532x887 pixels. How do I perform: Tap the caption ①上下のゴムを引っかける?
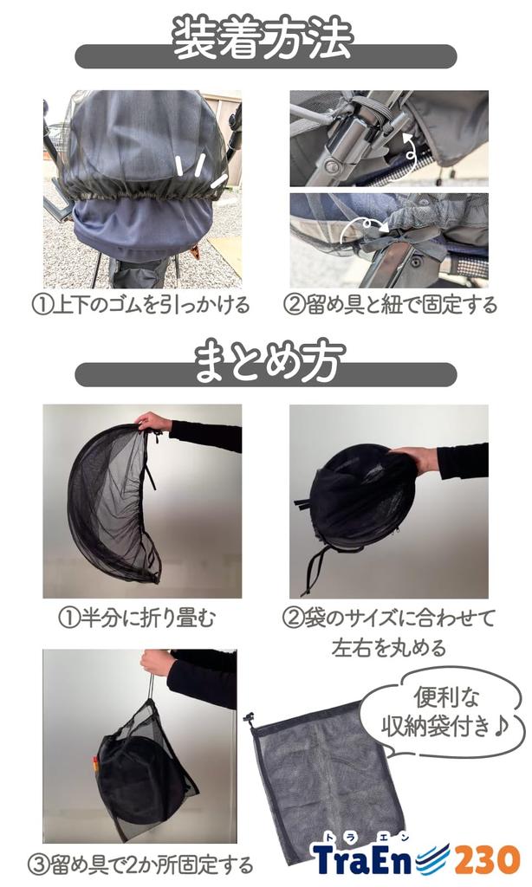[x=141, y=305]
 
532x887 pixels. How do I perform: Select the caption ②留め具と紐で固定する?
[x=390, y=305]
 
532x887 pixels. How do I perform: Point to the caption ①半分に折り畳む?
[x=137, y=618]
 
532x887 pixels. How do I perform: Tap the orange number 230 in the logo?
[x=487, y=860]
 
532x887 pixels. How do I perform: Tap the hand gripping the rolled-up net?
[x=416, y=458]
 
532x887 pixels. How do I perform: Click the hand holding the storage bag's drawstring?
[x=156, y=662]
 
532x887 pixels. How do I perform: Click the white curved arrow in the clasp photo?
[x=409, y=148]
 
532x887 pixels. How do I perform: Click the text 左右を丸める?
[x=389, y=647]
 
